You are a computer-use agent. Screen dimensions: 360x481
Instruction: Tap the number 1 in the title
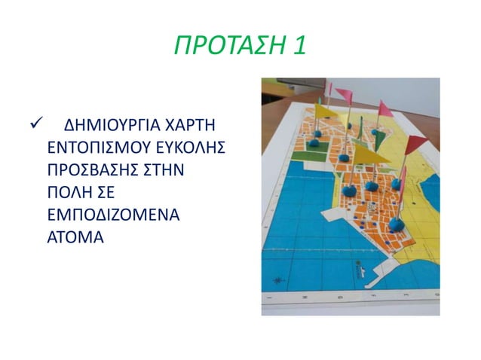pos(299,47)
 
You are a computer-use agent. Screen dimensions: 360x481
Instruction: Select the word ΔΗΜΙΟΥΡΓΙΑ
pos(109,123)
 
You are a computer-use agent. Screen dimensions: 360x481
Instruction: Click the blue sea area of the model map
pos(302,226)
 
